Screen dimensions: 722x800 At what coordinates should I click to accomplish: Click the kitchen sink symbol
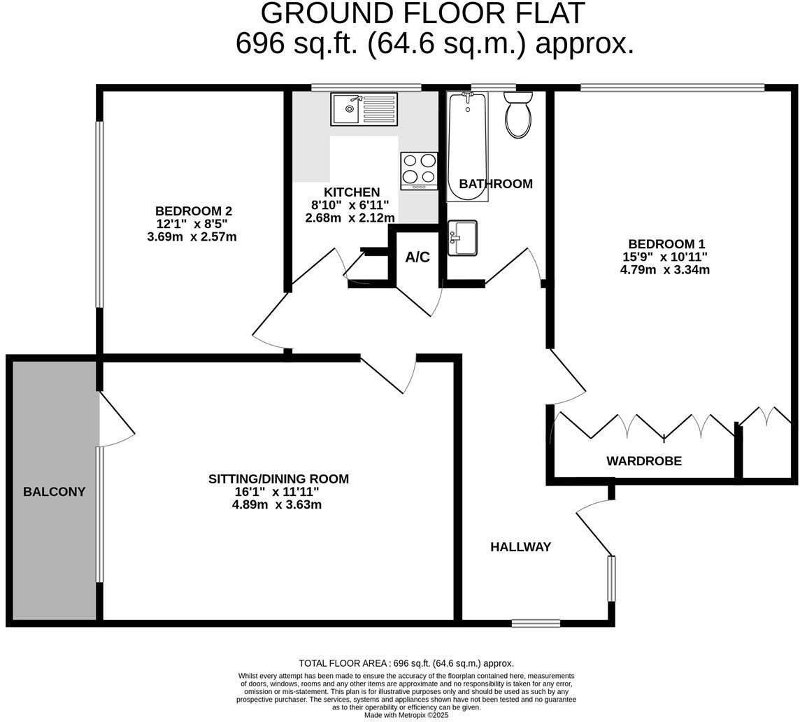364,109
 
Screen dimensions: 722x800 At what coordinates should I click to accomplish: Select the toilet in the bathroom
518,115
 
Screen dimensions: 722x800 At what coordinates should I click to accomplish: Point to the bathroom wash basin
462,238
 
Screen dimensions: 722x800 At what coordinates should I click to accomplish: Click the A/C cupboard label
417,257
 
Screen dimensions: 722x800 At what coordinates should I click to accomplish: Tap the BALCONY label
54,492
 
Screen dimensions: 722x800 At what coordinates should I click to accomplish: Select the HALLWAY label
520,547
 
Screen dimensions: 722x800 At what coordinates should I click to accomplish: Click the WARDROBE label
643,461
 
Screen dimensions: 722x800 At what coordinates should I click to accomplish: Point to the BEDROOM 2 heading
193,211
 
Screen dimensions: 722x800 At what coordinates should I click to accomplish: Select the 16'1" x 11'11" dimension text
277,492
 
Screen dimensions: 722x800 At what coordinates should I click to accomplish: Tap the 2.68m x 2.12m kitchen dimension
350,218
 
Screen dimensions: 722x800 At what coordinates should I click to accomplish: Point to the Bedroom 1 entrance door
566,378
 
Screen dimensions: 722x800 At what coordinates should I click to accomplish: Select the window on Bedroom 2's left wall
99,214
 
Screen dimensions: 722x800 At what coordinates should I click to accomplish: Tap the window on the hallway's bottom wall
536,623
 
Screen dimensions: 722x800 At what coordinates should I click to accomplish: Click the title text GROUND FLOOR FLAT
422,14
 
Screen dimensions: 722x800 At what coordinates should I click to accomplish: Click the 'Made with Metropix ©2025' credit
406,715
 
